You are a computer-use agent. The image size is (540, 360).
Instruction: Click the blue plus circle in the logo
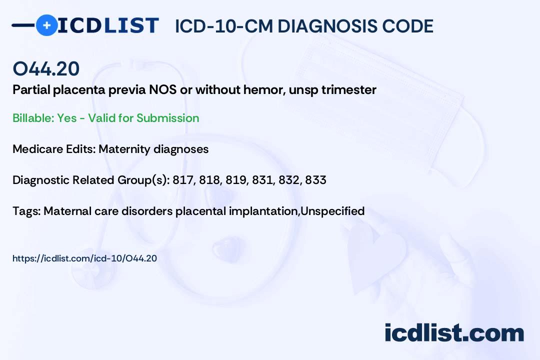(x=46, y=25)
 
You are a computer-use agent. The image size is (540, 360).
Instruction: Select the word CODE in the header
(x=403, y=26)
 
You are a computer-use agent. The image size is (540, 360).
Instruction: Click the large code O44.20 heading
(x=46, y=68)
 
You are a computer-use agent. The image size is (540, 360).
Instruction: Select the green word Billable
(x=33, y=118)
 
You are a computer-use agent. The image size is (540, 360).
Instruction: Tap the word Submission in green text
(x=167, y=118)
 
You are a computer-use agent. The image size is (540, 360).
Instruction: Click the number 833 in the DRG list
(x=316, y=180)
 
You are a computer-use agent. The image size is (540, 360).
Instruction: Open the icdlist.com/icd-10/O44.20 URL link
(x=84, y=258)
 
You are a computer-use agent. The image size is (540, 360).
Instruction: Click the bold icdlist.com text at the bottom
(x=454, y=333)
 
